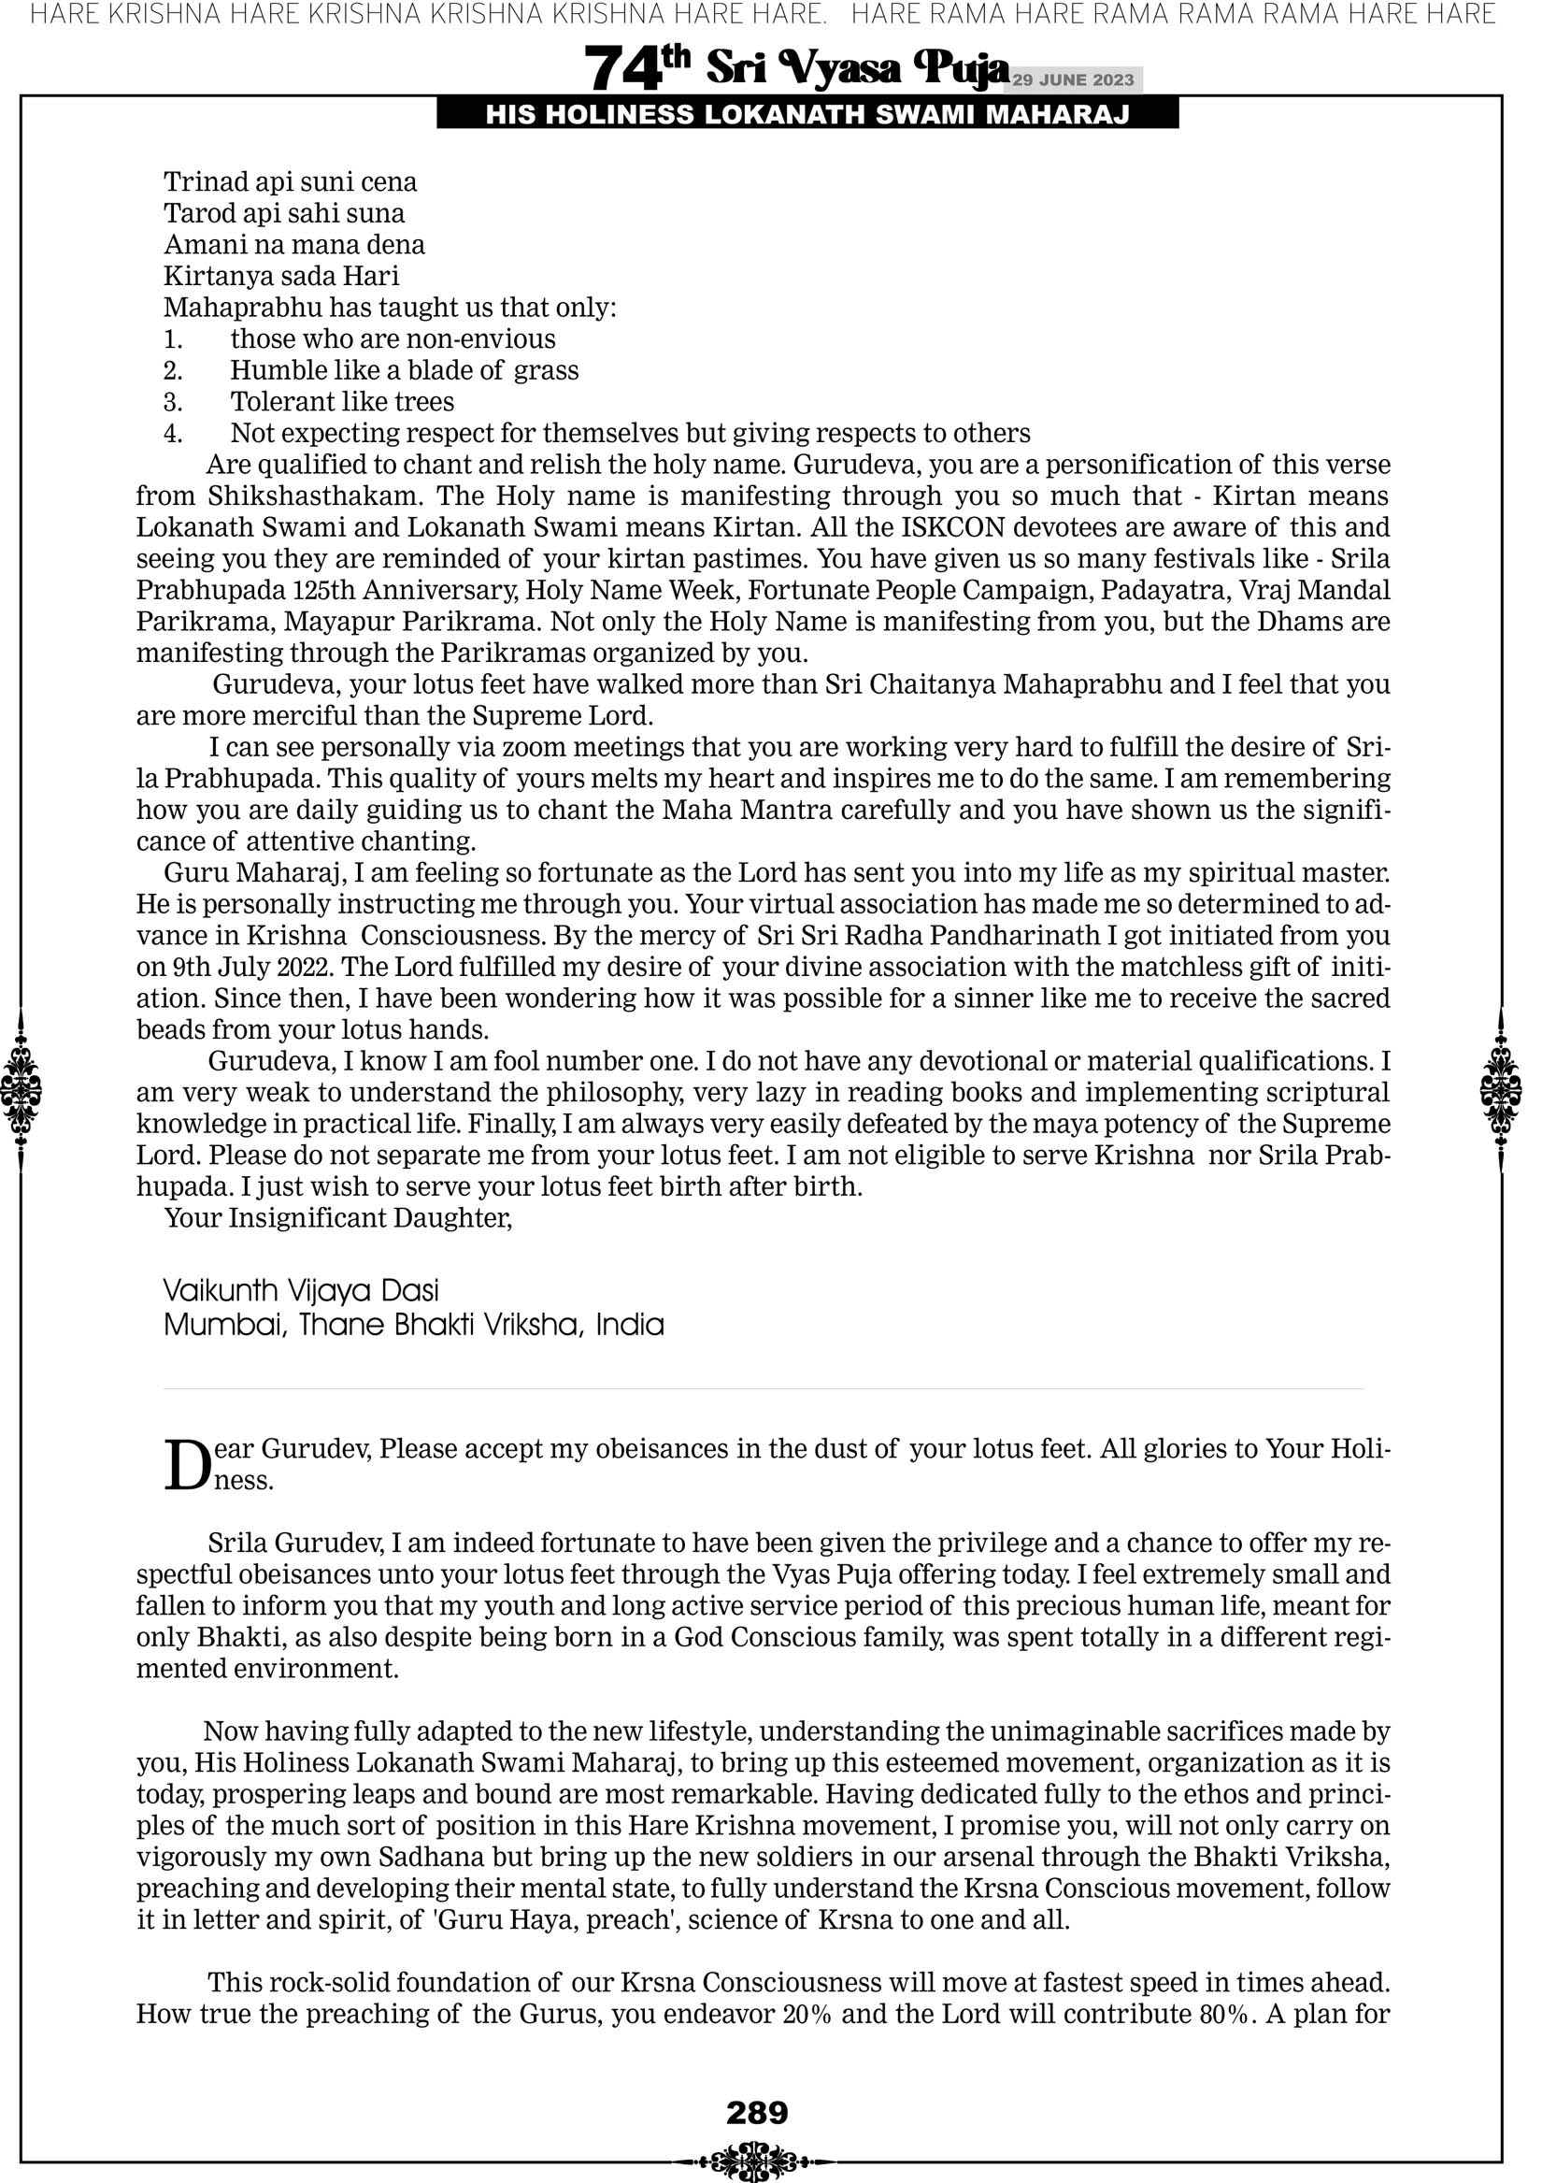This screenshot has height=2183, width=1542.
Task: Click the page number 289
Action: (757, 2112)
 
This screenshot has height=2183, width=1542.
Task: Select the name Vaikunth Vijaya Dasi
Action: (301, 1290)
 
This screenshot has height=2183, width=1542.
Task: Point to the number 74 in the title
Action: (622, 69)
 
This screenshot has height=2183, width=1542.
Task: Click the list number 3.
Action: (173, 402)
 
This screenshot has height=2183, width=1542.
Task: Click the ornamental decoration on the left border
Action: (21, 1089)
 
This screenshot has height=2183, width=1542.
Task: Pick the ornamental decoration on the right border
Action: (1500, 1089)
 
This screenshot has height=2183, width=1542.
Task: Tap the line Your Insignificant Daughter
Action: (338, 1218)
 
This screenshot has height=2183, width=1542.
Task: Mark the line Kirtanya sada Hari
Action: (281, 277)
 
